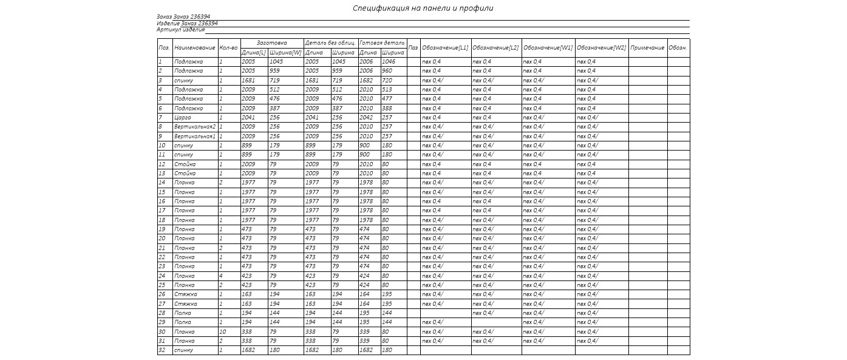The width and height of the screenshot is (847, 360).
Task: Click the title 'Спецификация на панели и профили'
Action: coord(423,8)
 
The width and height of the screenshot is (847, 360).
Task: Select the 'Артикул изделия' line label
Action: coord(180,29)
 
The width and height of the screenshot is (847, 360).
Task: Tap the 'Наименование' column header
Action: coord(194,48)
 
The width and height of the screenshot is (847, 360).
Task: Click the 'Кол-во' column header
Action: coord(228,48)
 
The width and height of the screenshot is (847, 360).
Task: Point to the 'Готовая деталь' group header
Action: coord(382,43)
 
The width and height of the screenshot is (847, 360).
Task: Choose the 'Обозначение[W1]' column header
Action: coord(548,48)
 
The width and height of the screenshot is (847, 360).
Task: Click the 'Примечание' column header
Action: coord(647,48)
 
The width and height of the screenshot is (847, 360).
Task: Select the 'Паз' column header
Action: coord(413,48)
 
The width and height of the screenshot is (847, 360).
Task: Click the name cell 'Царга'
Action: coord(183,118)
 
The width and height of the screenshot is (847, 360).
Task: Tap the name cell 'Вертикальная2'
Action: coord(194,127)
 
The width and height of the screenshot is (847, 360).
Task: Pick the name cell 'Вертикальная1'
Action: coord(194,137)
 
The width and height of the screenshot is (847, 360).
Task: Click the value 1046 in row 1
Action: coord(389,62)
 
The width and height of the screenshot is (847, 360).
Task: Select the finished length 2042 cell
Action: coord(366,118)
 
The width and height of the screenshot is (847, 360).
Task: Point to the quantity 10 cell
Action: coord(222,332)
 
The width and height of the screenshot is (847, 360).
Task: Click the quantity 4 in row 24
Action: coord(221,276)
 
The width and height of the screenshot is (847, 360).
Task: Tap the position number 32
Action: coord(162,350)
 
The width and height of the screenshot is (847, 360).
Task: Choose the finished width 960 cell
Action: coord(387,71)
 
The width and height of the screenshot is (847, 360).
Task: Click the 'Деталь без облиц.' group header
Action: coord(330,43)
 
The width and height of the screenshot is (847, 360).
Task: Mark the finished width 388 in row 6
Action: coord(387,109)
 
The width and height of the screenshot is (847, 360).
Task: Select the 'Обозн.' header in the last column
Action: coord(678,48)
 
